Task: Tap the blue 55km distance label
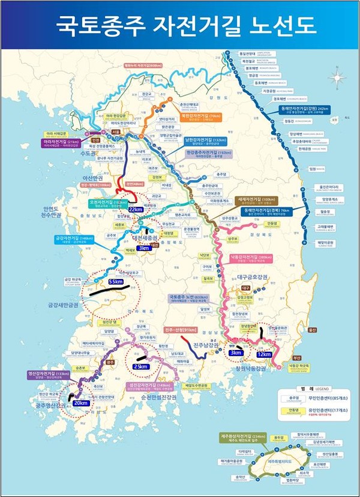[x=116, y=281]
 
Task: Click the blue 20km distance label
[x=80, y=403]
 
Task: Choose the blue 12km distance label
[x=264, y=354]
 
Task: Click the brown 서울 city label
[x=116, y=131]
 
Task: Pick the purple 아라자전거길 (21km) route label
[x=61, y=142]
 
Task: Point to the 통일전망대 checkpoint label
[x=248, y=54]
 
